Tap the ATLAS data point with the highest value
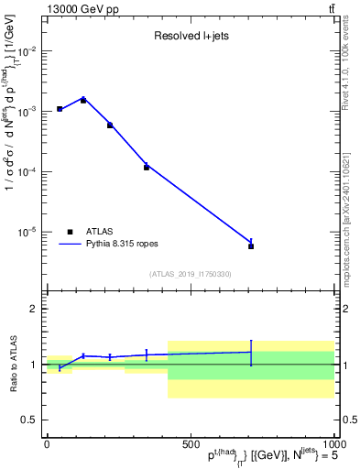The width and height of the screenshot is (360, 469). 83,100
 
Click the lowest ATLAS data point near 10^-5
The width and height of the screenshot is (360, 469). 251,246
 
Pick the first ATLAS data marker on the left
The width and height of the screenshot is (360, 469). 60,109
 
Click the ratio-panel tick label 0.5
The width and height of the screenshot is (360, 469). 30,420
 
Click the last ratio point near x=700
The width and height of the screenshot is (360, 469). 251,352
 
